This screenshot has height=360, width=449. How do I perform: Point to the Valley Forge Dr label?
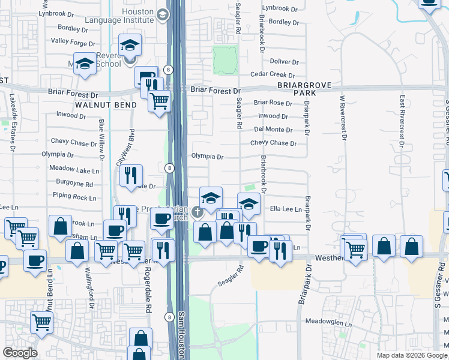pos(73,43)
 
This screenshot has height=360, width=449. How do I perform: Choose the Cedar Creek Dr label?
pos(273,75)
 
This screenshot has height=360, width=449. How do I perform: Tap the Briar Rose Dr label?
pos(273,103)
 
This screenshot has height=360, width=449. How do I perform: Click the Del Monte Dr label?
pos(273,130)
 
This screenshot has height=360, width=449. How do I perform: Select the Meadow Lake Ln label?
pos(74,170)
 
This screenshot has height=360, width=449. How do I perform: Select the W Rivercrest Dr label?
pos(343,116)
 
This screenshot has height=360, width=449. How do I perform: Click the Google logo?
pos(20,353)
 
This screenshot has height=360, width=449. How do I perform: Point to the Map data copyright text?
pos(412,355)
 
